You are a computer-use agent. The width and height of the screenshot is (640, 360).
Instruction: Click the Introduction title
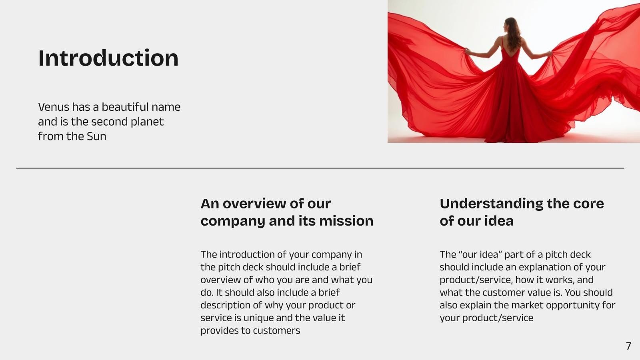pyautogui.click(x=108, y=58)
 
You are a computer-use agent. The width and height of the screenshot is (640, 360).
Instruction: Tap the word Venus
pyautogui.click(x=54, y=107)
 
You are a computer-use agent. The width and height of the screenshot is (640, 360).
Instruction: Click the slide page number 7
pyautogui.click(x=628, y=346)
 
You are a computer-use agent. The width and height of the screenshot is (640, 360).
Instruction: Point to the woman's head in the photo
pyautogui.click(x=512, y=25)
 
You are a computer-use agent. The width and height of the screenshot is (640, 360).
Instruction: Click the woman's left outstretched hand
pyautogui.click(x=468, y=51)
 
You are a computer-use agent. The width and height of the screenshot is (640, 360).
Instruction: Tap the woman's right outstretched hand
pyautogui.click(x=549, y=54)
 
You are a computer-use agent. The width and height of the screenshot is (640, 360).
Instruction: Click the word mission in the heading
pyautogui.click(x=346, y=221)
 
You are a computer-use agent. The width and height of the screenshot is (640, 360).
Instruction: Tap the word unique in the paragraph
pyautogui.click(x=258, y=318)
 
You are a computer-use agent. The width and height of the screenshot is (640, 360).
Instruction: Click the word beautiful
pyautogui.click(x=125, y=107)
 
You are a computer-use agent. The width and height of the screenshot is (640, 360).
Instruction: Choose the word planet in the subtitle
pyautogui.click(x=147, y=122)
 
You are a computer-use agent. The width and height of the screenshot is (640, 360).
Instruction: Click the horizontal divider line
pyautogui.click(x=320, y=168)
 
